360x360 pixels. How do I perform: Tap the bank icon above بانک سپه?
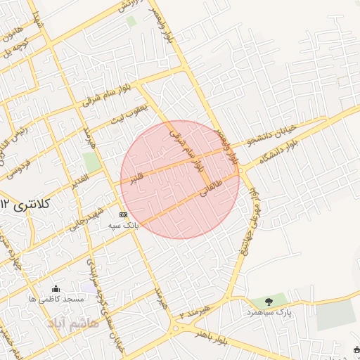[124, 214]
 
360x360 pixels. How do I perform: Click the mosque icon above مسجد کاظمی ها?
[56, 288]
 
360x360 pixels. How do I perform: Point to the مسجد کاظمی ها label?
[56, 299]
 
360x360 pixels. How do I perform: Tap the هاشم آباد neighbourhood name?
[67, 323]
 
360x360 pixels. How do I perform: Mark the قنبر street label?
[136, 178]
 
